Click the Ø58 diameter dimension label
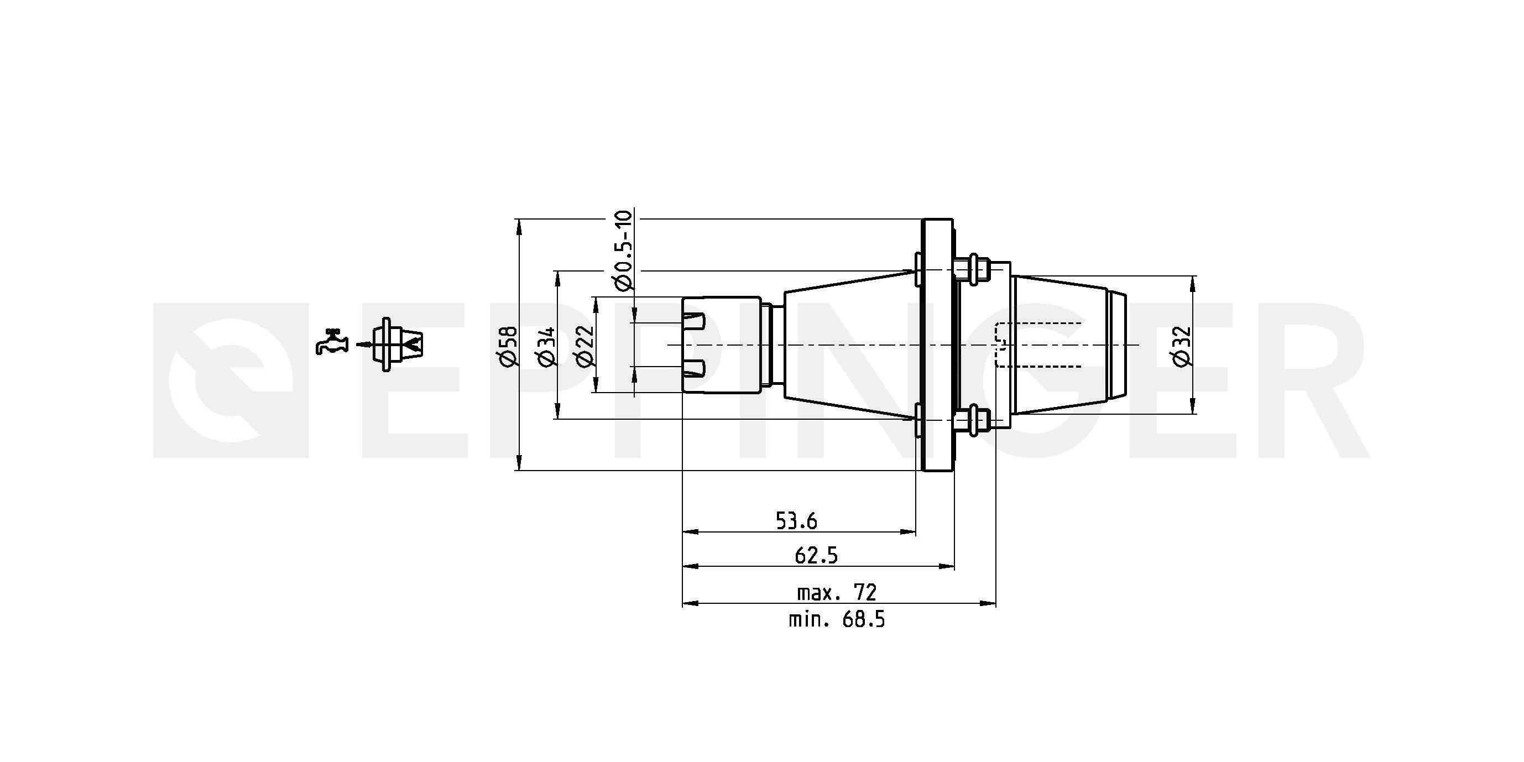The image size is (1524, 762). point(508,346)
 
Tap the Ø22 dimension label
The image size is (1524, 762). point(584,346)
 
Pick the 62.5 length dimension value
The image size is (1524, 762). point(816,556)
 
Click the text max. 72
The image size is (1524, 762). point(836,592)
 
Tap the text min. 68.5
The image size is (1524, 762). point(836,620)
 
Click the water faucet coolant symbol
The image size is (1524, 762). point(331,341)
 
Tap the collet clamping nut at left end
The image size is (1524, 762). point(722,345)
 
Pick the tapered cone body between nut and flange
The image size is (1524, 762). point(846,345)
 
